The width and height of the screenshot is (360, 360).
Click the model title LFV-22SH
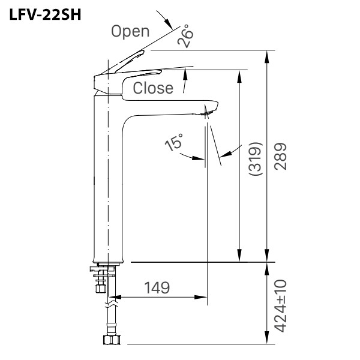coord(45,15)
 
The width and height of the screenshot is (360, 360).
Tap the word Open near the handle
coord(130,32)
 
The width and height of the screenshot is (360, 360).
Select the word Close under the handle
coord(153,88)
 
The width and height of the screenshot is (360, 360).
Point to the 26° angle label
coord(185,36)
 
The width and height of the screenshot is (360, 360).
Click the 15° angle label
coord(174,142)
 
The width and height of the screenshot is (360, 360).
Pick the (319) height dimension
coord(256,158)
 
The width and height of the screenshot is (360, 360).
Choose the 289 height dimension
coord(281,157)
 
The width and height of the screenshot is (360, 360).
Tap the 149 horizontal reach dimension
coord(157,287)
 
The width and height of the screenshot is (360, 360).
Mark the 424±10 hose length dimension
coord(281,306)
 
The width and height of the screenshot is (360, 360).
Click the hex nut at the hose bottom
coord(112,340)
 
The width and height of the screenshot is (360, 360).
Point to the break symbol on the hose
coord(112,305)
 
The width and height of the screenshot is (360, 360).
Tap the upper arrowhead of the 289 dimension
coord(266,56)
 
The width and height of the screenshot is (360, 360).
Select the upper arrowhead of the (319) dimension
coord(239,76)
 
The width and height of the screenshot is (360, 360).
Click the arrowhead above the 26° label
coord(169,23)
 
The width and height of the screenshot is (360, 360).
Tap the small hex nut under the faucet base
coord(101,288)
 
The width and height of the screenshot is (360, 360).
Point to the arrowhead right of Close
coord(185,75)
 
